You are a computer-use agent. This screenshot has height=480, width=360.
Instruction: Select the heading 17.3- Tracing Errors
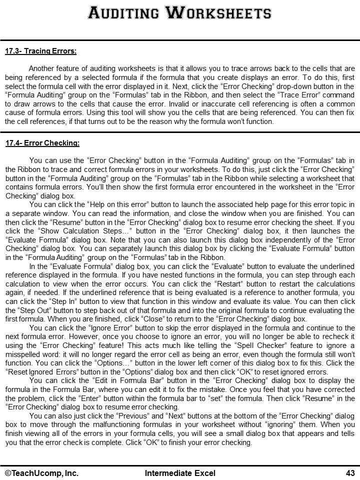point(40,51)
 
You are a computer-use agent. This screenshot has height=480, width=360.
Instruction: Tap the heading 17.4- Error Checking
point(42,143)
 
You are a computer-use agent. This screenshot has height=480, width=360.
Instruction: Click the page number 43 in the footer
point(350,473)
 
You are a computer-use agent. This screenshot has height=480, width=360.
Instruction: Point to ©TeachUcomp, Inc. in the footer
point(42,473)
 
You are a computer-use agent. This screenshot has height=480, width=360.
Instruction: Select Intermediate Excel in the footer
point(180,473)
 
